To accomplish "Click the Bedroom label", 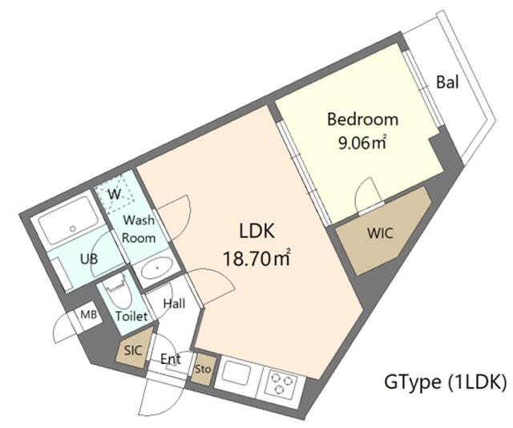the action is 363,119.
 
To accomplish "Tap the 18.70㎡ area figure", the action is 256,259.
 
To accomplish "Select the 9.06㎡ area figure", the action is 363,143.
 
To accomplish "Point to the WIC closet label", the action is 380,233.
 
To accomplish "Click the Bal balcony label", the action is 447,82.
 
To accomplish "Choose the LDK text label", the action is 256,231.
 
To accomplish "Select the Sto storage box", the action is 203,369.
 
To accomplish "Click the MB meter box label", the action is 89,315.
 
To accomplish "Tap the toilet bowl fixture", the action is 116,291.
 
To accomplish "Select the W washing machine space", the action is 115,193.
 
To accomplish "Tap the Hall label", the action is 175,303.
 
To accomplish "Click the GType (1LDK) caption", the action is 445,382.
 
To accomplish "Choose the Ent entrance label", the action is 171,359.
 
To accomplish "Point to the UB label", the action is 89,259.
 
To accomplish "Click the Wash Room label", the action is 139,228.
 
